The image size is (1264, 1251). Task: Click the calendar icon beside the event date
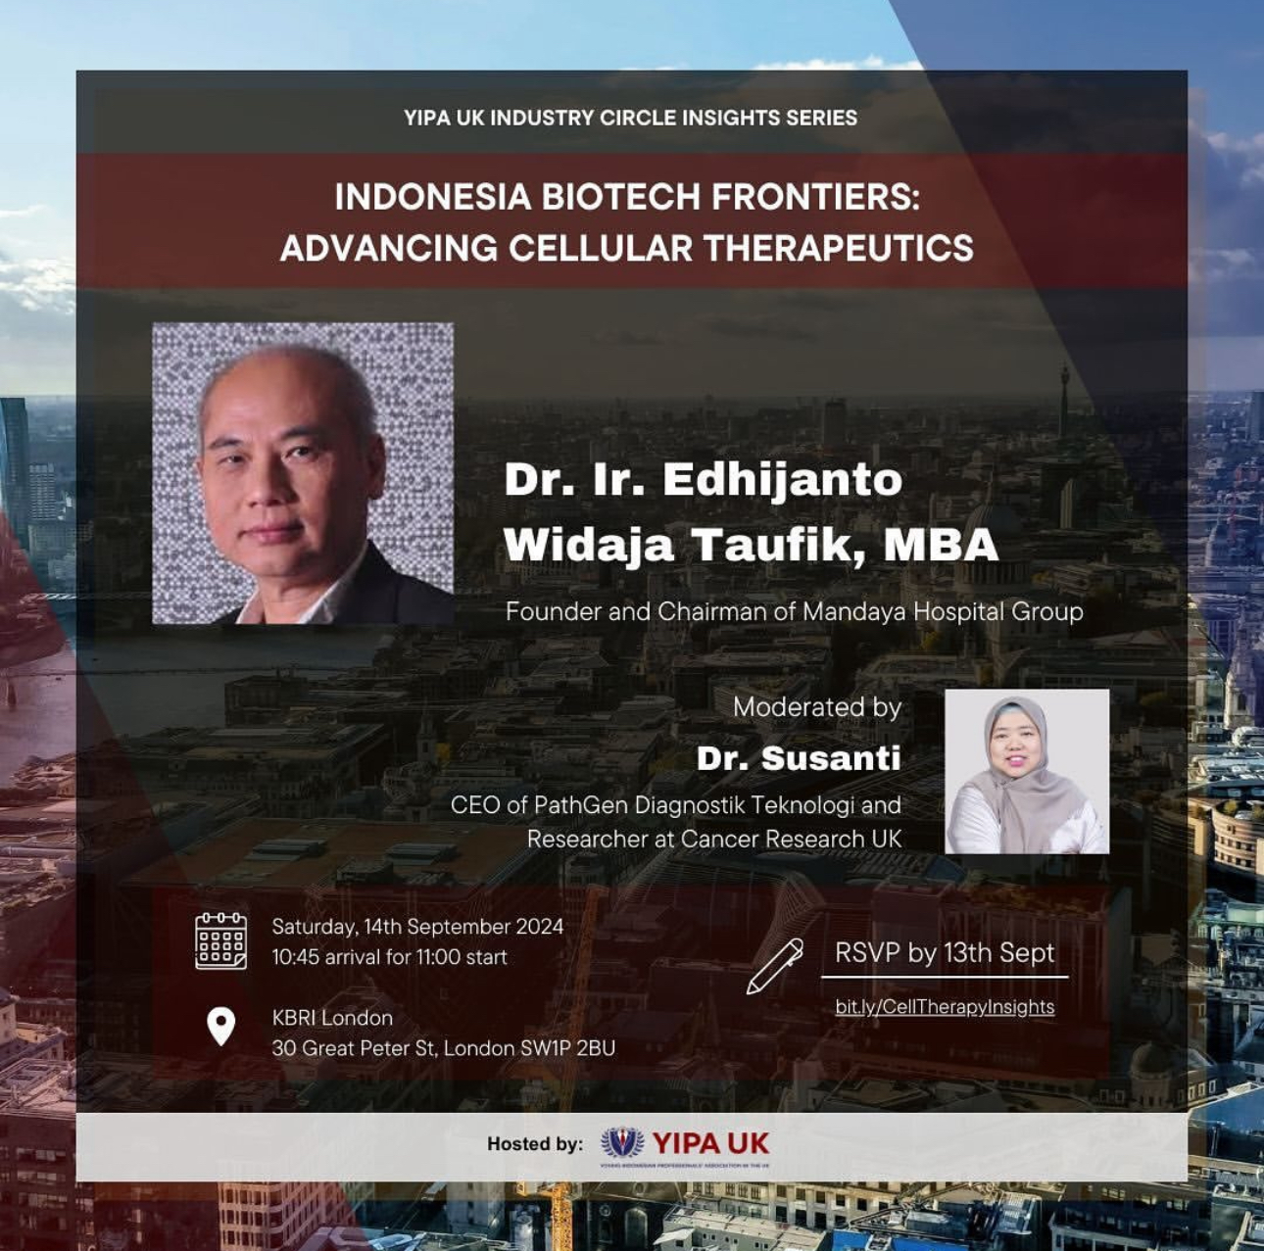221,940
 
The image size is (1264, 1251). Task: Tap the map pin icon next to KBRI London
221,1026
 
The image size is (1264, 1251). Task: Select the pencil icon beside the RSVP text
775,966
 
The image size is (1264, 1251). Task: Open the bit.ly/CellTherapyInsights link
945,1007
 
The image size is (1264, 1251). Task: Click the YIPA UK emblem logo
622,1144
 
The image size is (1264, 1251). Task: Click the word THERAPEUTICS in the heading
839,249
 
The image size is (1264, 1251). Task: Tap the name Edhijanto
783,481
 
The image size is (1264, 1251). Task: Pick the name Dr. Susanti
799,759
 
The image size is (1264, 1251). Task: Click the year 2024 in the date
539,927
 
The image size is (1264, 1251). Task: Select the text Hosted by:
535,1145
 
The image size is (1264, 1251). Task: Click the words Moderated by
817,707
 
